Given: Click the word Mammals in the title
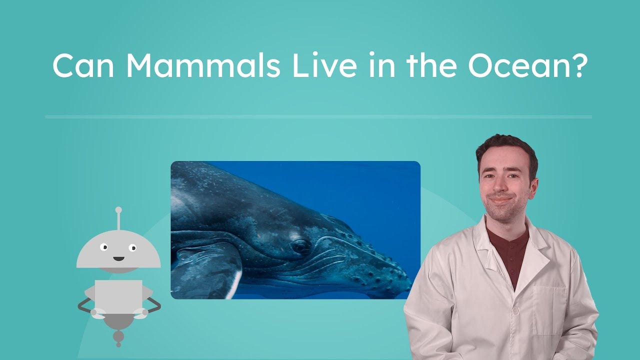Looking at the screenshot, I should [202, 65].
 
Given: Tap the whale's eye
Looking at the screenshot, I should [300, 245].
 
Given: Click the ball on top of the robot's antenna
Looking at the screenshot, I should [118, 210].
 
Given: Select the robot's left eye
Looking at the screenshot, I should [104, 247].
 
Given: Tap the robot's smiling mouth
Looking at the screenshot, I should [118, 258].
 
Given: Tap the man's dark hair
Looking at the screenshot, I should [505, 147].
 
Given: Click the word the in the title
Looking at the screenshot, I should [431, 65].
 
